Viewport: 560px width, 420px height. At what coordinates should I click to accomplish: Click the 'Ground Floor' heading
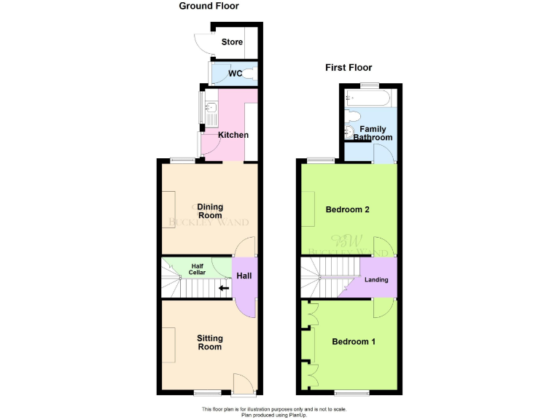click(209, 7)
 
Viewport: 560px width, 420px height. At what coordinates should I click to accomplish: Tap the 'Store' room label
click(232, 42)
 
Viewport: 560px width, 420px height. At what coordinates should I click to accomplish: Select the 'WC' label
click(235, 74)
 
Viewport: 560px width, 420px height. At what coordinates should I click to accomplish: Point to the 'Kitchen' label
click(233, 135)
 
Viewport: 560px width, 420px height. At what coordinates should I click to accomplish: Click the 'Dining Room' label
click(210, 211)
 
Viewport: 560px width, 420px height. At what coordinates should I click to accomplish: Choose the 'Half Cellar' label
click(198, 269)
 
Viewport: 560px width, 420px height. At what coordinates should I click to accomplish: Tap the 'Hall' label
click(244, 276)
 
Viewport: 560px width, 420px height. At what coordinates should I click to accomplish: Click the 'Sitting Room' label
click(210, 342)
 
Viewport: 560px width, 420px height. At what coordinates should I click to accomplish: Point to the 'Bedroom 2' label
click(347, 210)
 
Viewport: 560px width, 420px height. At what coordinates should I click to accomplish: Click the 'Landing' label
click(376, 279)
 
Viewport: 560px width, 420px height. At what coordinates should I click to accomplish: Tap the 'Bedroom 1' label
click(354, 341)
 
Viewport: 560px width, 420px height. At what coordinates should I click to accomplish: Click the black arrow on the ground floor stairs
click(224, 288)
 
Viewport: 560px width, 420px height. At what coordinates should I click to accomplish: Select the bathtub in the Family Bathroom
click(368, 97)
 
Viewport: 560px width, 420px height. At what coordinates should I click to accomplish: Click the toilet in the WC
click(250, 74)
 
